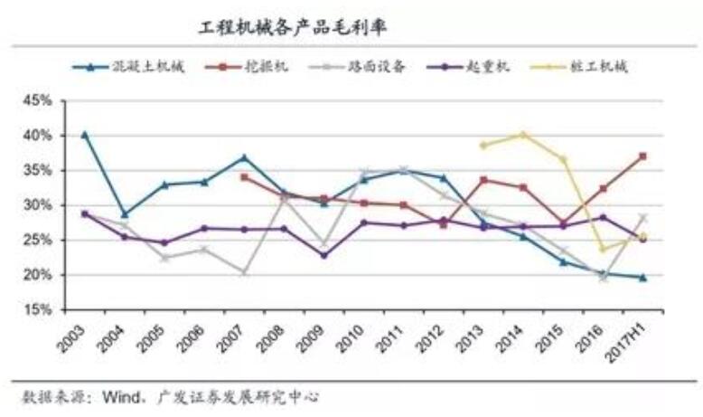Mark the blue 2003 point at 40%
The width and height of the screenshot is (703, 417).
coord(85,135)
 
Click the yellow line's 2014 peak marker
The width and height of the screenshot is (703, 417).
coord(523,135)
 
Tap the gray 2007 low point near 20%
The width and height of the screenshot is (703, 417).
coord(244,271)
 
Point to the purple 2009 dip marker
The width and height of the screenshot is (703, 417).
coord(323,255)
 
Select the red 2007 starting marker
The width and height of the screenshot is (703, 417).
coord(244,177)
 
